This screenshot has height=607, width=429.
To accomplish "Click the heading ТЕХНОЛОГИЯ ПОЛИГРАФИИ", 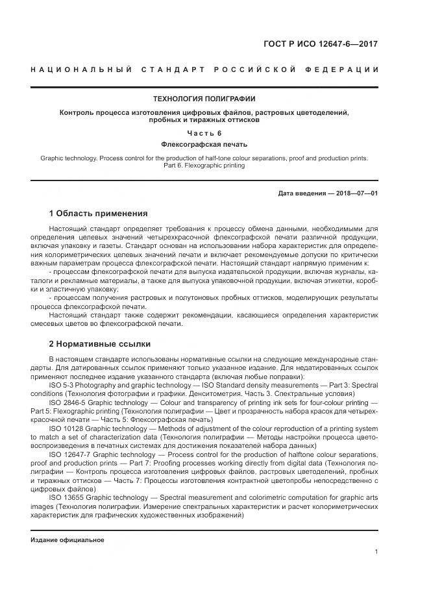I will pyautogui.click(x=204, y=99).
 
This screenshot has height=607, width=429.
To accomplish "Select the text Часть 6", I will pyautogui.click(x=204, y=132).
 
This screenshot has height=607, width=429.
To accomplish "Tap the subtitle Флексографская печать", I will pyautogui.click(x=204, y=144).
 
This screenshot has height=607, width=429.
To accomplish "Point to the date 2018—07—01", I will pyautogui.click(x=356, y=193).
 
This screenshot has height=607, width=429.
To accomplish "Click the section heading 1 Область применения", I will pyautogui.click(x=98, y=214).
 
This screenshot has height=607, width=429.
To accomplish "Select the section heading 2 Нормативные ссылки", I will pyautogui.click(x=99, y=344).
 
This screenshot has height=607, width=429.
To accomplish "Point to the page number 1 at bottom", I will pyautogui.click(x=376, y=552).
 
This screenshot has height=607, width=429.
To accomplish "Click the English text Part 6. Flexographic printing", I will pyautogui.click(x=204, y=166).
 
